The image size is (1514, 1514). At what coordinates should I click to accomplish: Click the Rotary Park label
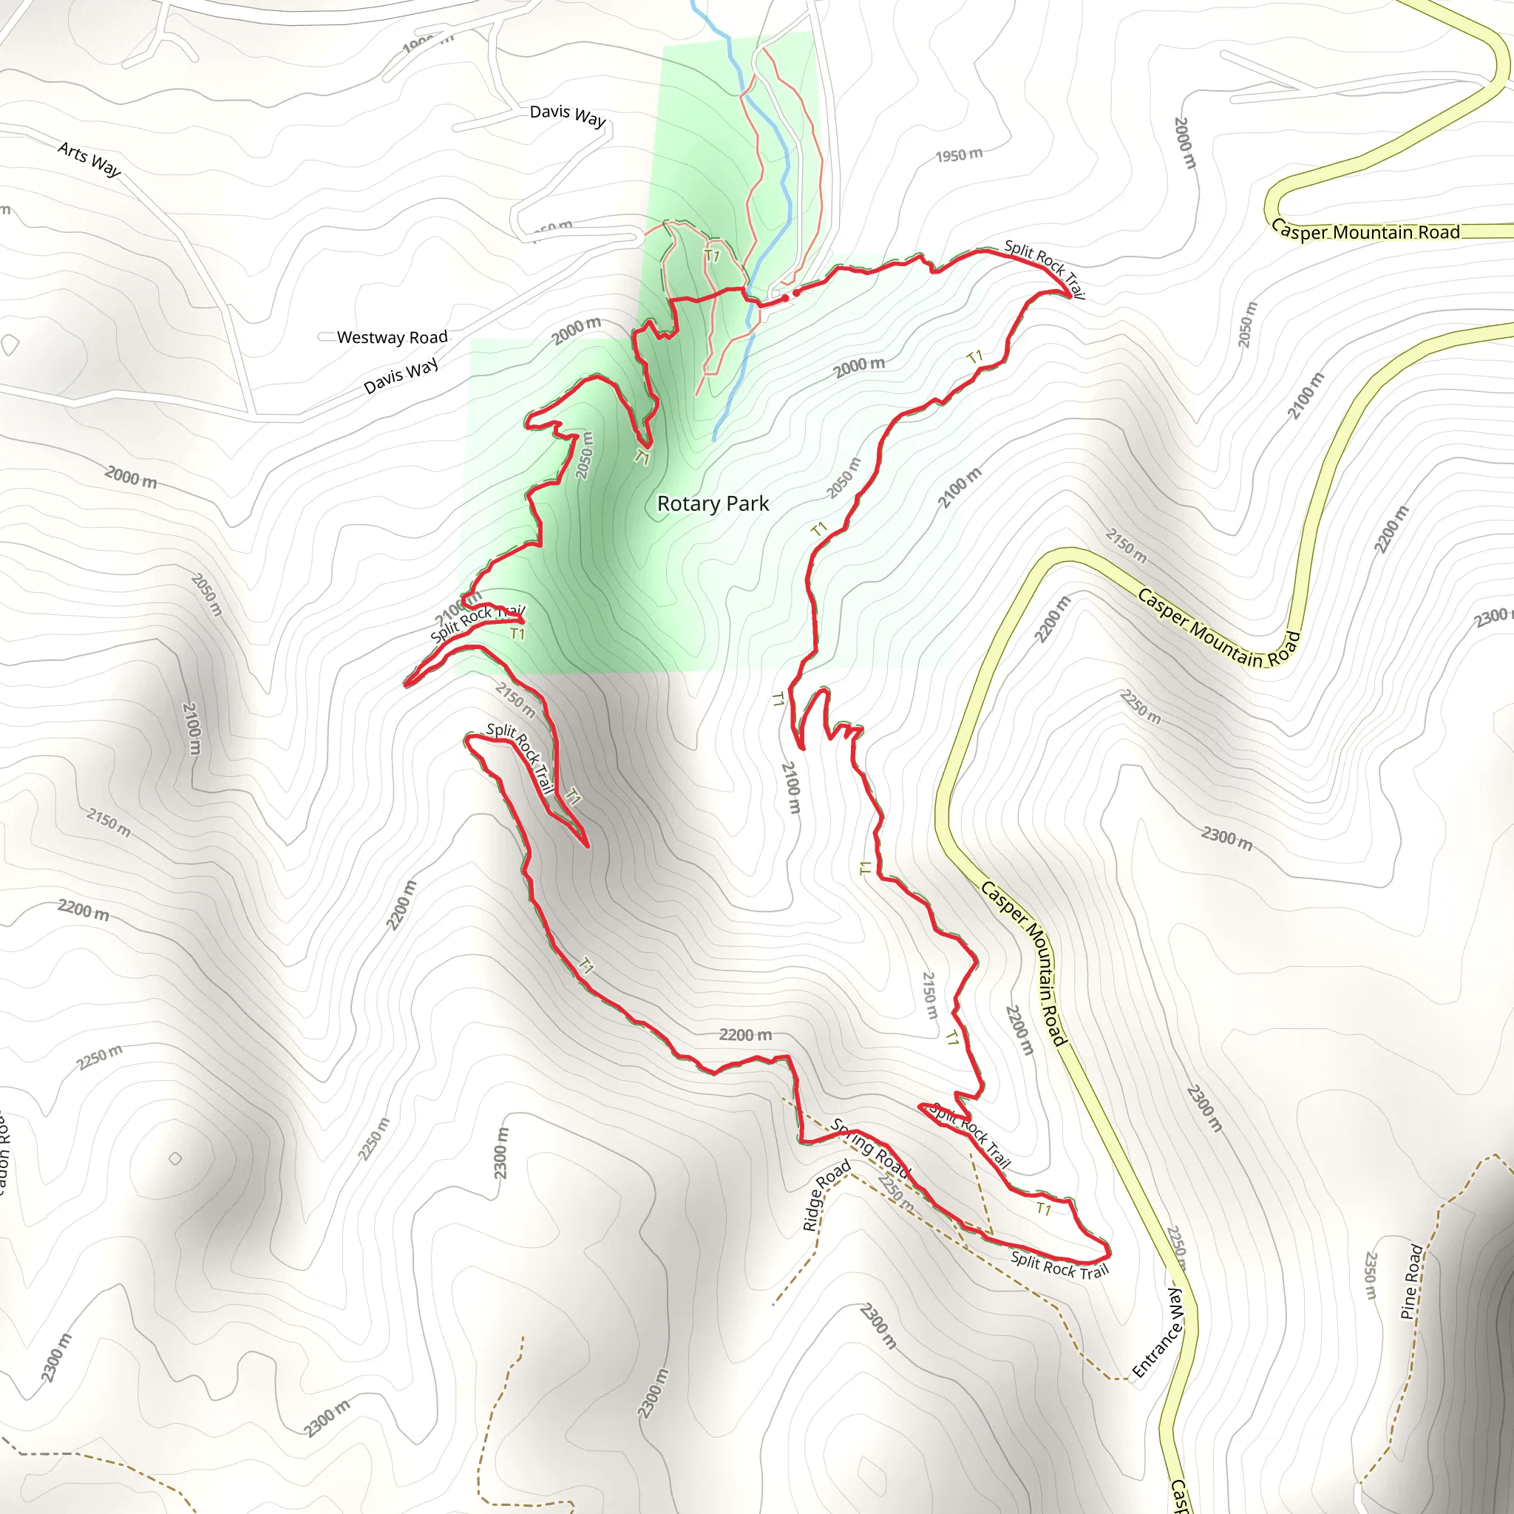(713, 504)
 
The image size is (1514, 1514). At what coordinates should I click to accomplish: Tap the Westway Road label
(392, 337)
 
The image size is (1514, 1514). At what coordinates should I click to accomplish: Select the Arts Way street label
(89, 159)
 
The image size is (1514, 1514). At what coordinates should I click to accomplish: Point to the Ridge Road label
(826, 1195)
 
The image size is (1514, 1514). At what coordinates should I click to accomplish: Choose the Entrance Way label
(1158, 1332)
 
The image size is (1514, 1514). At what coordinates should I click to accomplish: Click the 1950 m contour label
(958, 155)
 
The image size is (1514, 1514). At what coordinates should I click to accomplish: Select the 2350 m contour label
(1370, 1275)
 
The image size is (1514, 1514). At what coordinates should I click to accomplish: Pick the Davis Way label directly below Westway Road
(401, 376)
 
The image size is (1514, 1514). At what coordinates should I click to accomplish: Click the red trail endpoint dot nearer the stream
(785, 298)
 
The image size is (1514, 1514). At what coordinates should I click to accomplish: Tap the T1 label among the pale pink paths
(712, 257)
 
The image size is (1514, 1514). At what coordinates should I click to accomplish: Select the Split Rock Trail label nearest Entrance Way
(1059, 1265)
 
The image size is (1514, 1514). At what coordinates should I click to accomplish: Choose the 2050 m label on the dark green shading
(585, 455)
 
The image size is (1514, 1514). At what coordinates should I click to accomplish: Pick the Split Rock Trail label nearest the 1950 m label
(1044, 269)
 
